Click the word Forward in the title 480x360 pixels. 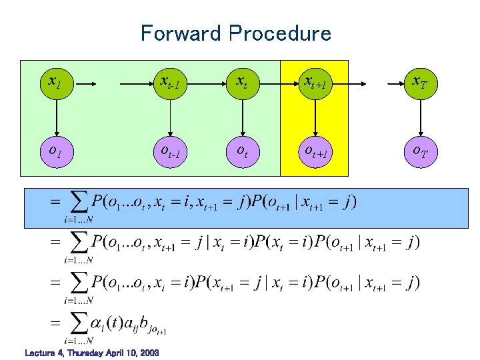click(x=180, y=33)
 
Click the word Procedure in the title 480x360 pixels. click(x=279, y=33)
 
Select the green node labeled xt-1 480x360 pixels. click(x=171, y=83)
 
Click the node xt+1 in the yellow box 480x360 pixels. click(x=315, y=83)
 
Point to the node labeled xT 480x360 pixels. click(x=419, y=83)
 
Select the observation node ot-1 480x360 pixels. click(x=171, y=152)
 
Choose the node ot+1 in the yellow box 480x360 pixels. click(x=315, y=152)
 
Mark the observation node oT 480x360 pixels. click(x=419, y=152)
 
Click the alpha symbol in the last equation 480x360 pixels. click(x=96, y=325)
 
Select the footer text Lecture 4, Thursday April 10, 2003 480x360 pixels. click(x=91, y=352)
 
